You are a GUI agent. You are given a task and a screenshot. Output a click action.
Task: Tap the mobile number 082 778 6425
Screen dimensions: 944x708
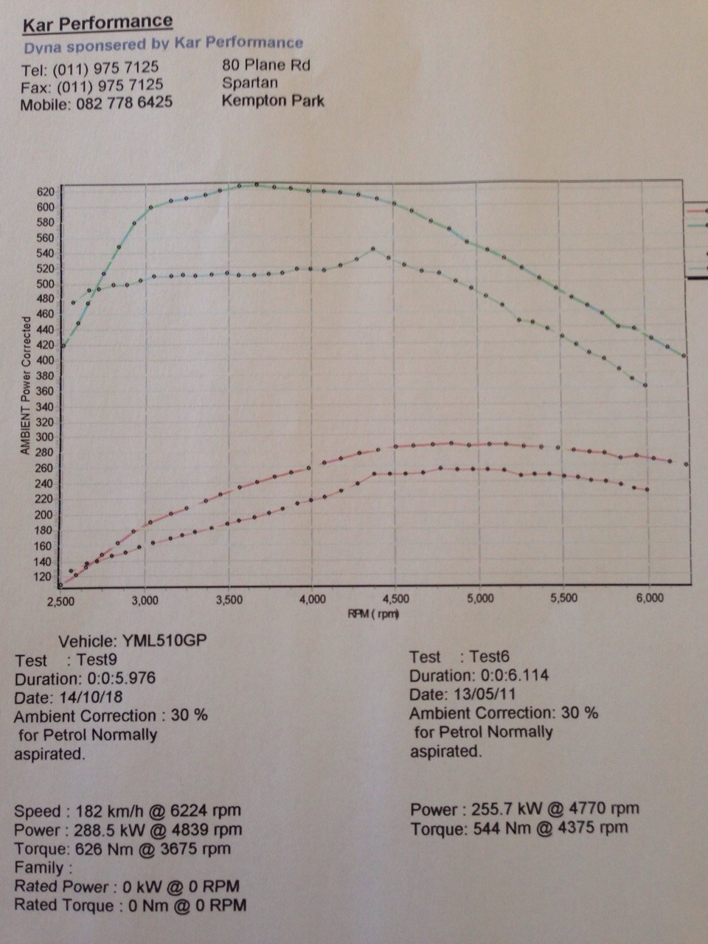point(124,103)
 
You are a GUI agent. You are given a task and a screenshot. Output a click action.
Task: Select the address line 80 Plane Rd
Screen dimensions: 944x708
point(266,65)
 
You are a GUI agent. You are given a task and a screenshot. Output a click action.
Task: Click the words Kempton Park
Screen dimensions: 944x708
point(273,101)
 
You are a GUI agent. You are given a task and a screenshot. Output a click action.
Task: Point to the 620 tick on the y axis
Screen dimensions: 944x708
point(45,192)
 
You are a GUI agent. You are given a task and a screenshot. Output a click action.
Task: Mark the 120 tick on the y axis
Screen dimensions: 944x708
point(45,577)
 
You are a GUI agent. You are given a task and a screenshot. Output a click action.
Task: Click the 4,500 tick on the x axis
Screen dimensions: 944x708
point(396,599)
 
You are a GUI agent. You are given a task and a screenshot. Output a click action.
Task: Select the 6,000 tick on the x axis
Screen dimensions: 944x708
point(649,598)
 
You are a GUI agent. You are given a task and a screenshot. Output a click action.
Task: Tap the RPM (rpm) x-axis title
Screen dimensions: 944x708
point(373,614)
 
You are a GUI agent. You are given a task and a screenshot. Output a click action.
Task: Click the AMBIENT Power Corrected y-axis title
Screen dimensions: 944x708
point(26,385)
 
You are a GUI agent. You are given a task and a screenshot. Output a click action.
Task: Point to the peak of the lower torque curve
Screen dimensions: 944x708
point(372,249)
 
